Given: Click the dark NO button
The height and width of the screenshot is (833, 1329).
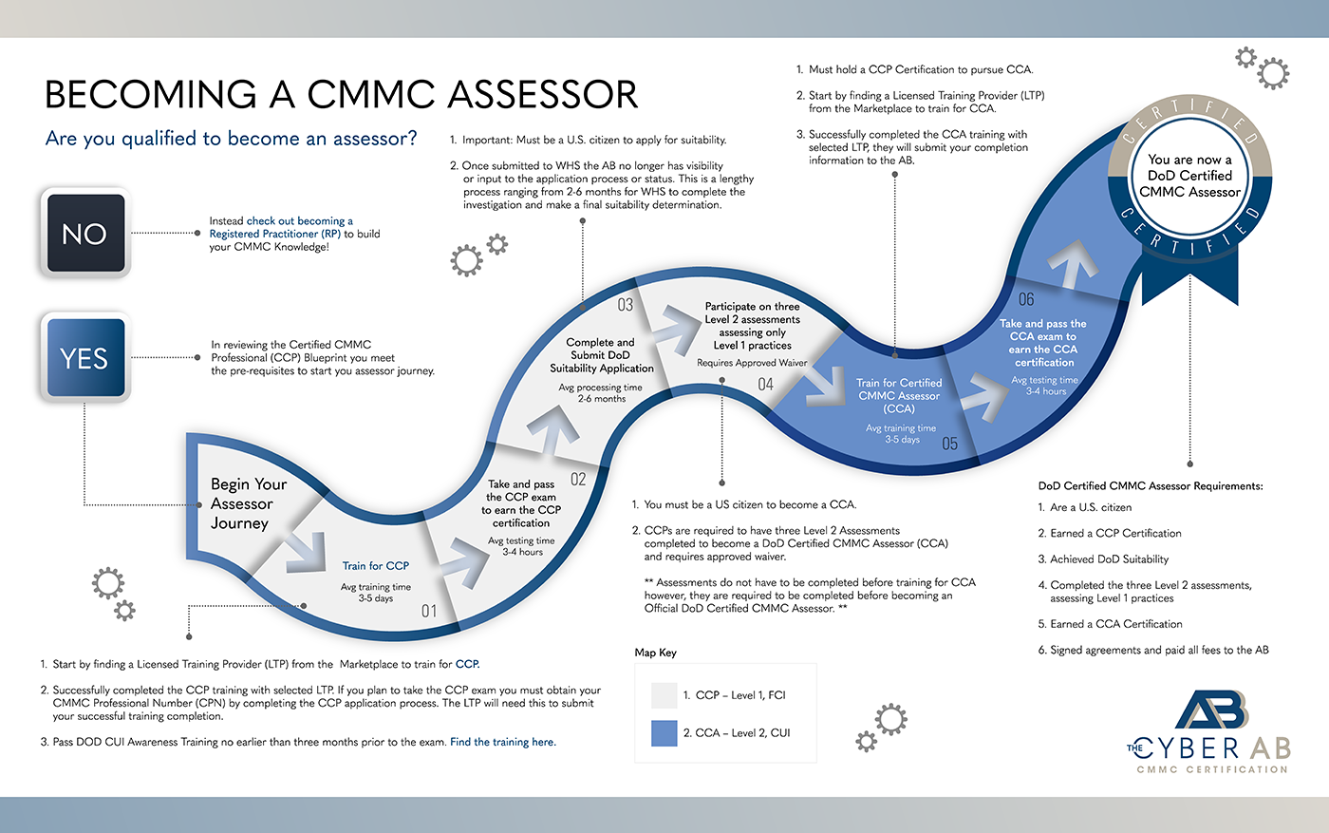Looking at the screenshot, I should pos(84,234).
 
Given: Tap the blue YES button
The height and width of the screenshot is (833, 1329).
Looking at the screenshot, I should pos(84,358).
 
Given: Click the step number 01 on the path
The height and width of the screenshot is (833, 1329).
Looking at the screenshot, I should pos(429,611).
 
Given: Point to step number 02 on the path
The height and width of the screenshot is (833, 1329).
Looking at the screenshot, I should pos(578,480).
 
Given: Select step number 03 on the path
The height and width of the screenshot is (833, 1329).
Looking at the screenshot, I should pos(625,305).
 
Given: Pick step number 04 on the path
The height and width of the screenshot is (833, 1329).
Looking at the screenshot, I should pos(765,385).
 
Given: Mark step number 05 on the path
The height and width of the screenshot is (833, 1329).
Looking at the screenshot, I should pos(949,444).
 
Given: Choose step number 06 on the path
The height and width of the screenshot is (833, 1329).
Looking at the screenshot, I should pos(1026,299).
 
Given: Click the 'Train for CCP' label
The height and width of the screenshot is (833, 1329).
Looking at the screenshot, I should pos(376,566).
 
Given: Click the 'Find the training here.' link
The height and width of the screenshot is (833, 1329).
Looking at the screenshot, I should pos(503,742).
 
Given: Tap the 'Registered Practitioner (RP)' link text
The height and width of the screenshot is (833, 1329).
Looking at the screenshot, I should pos(275,234).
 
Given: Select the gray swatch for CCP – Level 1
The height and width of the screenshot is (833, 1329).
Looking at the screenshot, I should pos(664,695).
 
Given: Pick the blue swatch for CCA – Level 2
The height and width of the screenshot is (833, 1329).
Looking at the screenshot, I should pos(664,733).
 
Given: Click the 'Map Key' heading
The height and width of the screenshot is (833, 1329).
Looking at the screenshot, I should pos(656,653).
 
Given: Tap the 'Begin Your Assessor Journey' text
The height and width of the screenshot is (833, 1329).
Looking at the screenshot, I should pos(248,503).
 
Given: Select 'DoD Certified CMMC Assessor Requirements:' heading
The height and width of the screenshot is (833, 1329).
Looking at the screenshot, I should pos(1151,485).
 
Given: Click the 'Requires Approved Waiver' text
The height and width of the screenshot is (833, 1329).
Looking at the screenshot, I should pos(752,363).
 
